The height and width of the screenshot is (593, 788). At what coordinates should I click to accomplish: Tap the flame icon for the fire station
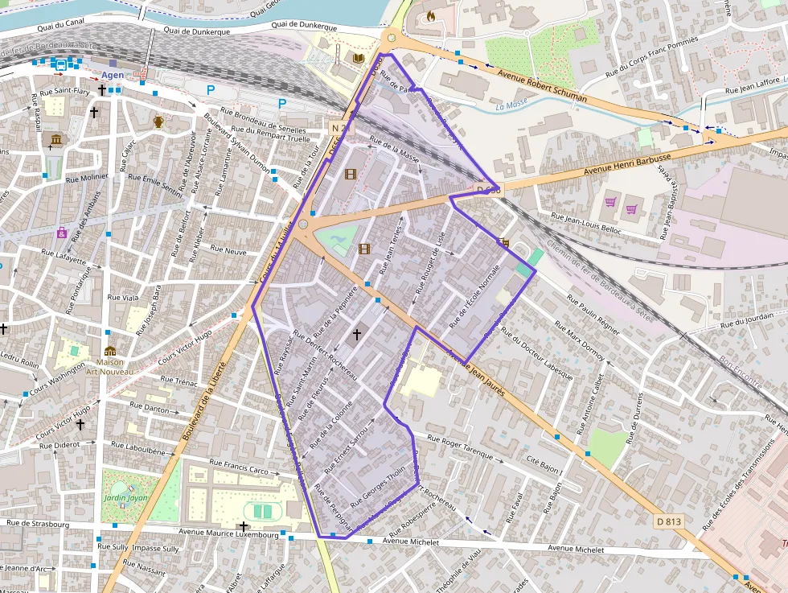pyautogui.click(x=430, y=14)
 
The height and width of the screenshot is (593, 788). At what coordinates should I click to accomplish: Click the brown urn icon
pyautogui.click(x=158, y=121)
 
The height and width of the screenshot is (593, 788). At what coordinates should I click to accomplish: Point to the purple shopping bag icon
pyautogui.click(x=62, y=233)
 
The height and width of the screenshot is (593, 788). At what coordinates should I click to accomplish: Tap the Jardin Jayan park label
pyautogui.click(x=126, y=498)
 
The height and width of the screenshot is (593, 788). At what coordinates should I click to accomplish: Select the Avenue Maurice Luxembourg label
pyautogui.click(x=228, y=533)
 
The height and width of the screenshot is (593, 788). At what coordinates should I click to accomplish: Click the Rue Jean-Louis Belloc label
pyautogui.click(x=587, y=223)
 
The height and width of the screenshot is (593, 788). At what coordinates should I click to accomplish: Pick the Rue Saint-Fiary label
pyautogui.click(x=71, y=92)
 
